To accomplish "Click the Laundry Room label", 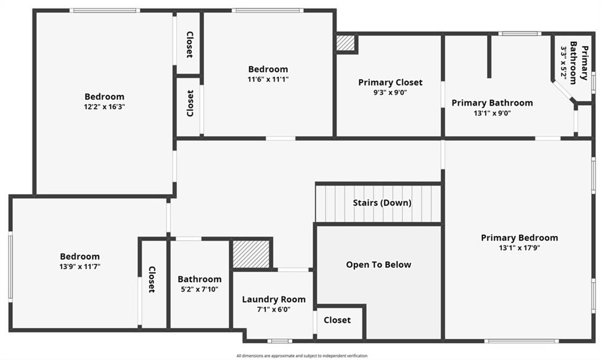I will (x=274, y=299).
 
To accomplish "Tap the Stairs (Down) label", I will (x=382, y=202).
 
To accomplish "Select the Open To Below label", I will (x=379, y=264).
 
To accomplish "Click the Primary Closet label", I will (x=390, y=83).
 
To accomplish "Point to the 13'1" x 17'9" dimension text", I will (x=519, y=248).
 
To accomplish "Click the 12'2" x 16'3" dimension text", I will (x=104, y=107).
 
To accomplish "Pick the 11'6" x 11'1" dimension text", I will (x=268, y=79).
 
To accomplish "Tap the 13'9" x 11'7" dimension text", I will (x=80, y=267).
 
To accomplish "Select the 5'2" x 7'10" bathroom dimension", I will (x=199, y=289).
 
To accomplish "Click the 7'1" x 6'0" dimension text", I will (x=274, y=309).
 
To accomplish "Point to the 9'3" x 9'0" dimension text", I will (x=390, y=92).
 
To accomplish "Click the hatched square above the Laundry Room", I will (x=251, y=254).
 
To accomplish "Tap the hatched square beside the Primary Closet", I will (x=346, y=43).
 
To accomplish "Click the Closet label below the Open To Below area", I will (x=337, y=320).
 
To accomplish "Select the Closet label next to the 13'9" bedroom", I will (x=152, y=279).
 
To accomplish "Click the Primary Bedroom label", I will (x=519, y=238).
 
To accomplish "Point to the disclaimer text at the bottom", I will (x=301, y=356).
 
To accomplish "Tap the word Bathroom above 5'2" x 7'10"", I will (x=199, y=279).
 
